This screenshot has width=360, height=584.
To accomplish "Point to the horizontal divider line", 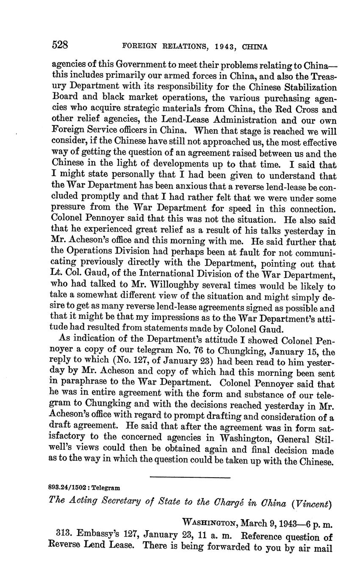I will point(190,478).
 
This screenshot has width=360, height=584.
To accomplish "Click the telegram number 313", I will point(63,535).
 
